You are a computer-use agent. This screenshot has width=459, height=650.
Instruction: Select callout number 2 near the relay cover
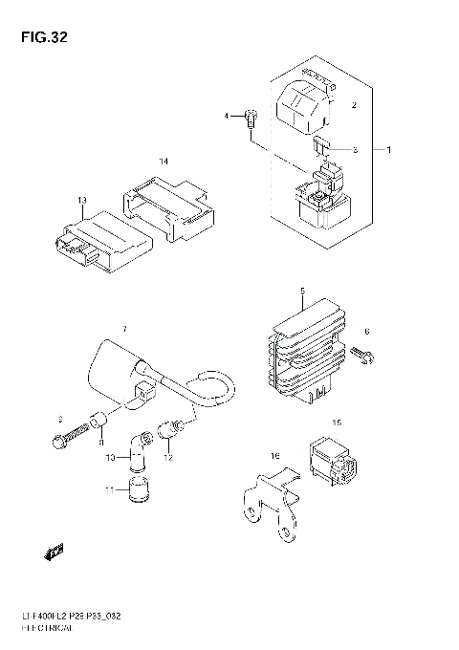(x=354, y=105)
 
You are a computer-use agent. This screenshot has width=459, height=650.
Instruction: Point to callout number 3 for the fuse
(x=354, y=150)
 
